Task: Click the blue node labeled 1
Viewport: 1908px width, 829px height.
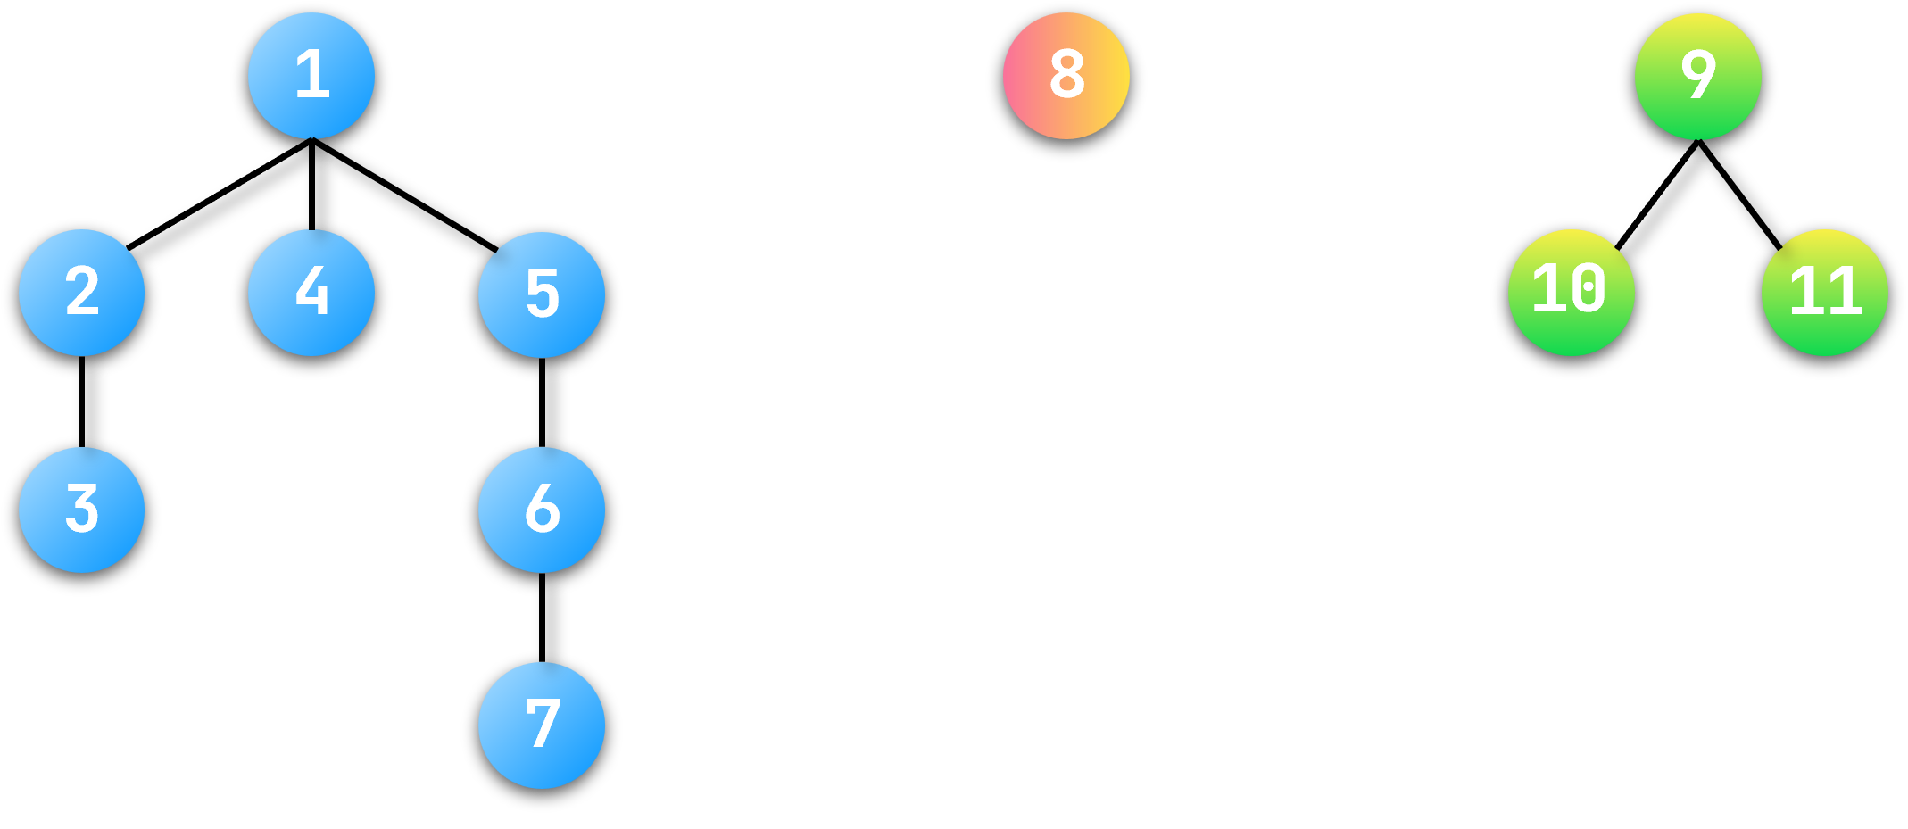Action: tap(311, 76)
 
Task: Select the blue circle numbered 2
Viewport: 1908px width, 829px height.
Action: tap(82, 293)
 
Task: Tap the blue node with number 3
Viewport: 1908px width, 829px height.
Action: tap(82, 510)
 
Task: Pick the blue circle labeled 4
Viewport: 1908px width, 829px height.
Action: tap(311, 293)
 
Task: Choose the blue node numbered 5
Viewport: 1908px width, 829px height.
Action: tap(542, 294)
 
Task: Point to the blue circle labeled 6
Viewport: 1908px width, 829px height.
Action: tap(542, 510)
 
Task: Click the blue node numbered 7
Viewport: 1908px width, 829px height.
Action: tap(542, 725)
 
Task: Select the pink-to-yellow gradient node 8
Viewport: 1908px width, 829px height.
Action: tap(1066, 76)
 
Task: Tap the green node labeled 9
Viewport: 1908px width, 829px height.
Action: tap(1698, 77)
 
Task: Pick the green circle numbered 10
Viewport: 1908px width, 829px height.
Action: tap(1572, 293)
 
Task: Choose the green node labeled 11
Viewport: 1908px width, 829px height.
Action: tap(1825, 293)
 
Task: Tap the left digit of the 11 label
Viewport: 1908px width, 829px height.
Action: tap(1806, 291)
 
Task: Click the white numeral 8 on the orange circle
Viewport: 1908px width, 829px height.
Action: tap(1067, 74)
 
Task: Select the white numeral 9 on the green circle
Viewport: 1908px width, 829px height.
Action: tap(1698, 74)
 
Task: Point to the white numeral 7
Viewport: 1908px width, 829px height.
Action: tap(543, 723)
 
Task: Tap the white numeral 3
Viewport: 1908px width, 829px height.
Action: tap(82, 508)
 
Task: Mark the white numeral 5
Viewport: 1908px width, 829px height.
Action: tap(543, 293)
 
